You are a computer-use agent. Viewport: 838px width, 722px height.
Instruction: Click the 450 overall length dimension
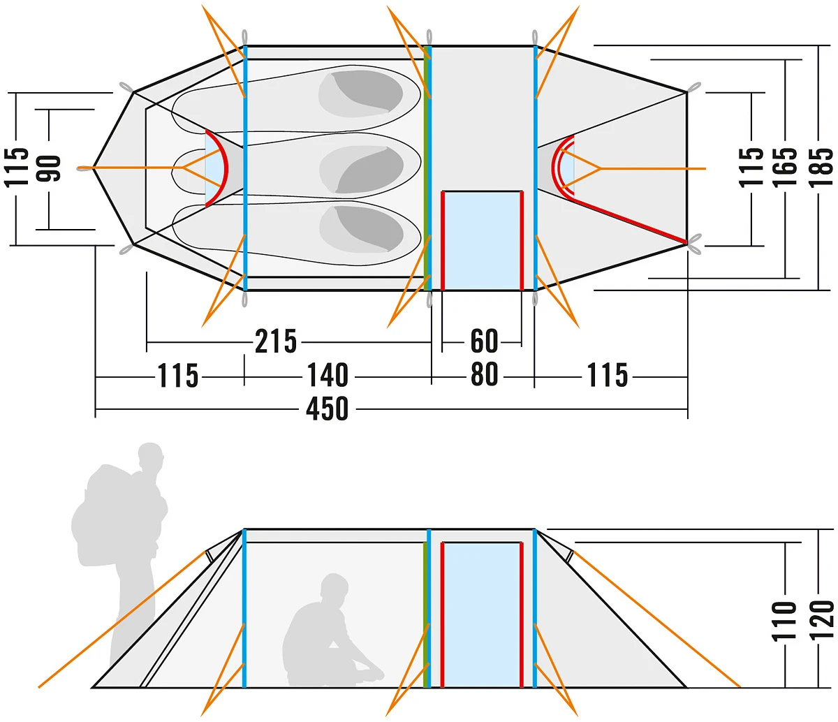[327, 408]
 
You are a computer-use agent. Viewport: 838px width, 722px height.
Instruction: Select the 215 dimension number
[276, 342]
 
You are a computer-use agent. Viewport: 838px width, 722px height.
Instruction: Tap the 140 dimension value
[328, 376]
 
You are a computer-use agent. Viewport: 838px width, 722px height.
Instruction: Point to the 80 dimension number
[485, 375]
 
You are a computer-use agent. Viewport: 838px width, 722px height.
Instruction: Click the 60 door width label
[485, 341]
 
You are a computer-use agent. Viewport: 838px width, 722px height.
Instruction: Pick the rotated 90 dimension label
[50, 168]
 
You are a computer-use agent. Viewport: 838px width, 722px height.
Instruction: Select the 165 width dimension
[785, 166]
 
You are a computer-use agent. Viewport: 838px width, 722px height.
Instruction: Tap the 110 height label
[785, 620]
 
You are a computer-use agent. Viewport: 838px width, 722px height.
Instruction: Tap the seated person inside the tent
[328, 635]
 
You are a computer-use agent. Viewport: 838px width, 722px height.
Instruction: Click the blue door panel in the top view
[483, 240]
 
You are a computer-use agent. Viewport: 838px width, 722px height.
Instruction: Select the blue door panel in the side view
[483, 614]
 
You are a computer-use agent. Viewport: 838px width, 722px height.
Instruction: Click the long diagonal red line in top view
[628, 220]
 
